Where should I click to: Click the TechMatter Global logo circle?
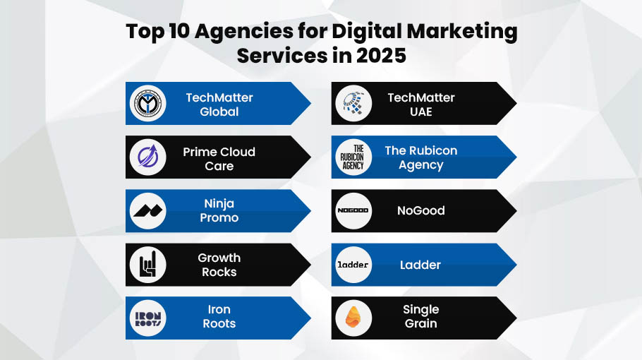click(147, 104)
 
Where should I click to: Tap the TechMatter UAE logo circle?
click(353, 104)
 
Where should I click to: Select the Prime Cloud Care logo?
click(147, 157)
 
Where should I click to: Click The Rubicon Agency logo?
click(353, 157)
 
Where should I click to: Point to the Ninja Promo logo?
click(147, 210)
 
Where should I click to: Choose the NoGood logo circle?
click(353, 210)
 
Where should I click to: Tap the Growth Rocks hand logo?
click(147, 265)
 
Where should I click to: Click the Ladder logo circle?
click(353, 265)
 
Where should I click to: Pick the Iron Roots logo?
click(147, 318)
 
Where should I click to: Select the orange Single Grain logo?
click(353, 318)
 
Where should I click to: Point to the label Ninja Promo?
click(219, 210)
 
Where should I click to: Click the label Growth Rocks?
click(219, 265)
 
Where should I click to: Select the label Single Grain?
click(420, 316)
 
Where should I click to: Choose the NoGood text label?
click(420, 210)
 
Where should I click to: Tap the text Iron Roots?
click(219, 316)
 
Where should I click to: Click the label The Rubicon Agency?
click(420, 157)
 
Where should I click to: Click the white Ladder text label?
click(420, 265)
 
